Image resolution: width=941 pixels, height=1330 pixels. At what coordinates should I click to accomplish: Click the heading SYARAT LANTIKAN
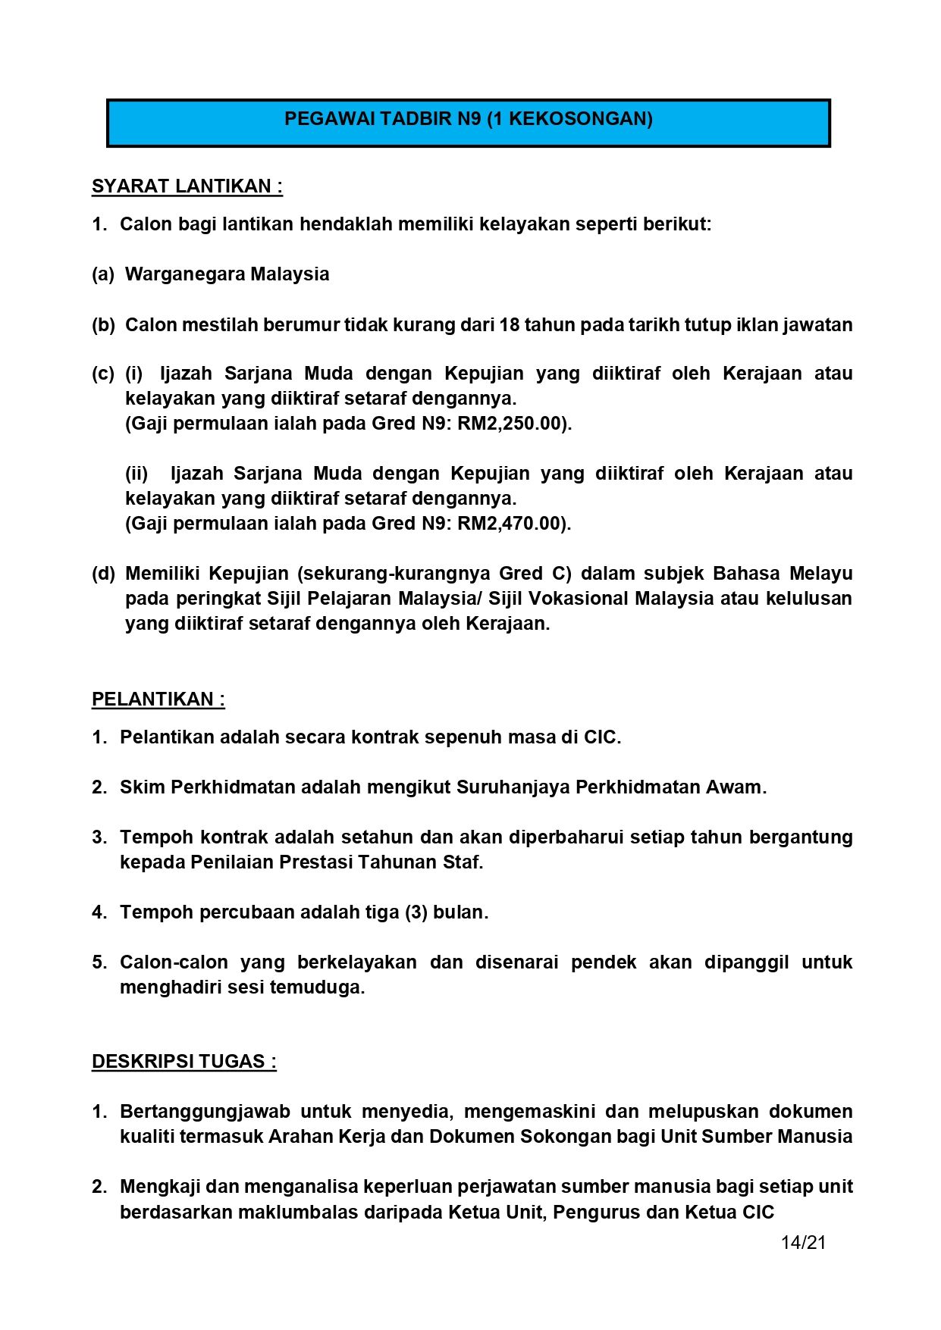[187, 186]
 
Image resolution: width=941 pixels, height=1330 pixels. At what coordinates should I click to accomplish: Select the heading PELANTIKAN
[158, 699]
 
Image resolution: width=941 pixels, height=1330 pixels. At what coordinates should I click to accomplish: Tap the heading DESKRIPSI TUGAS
[183, 1061]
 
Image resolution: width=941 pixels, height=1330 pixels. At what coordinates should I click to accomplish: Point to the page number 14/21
[803, 1242]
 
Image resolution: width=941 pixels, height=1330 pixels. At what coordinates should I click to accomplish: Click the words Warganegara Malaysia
[227, 274]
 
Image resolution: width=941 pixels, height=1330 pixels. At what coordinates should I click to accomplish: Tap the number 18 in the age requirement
[509, 325]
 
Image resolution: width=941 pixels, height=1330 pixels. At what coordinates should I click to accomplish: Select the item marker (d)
[103, 574]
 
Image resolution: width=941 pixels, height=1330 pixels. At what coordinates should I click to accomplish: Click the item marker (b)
[103, 325]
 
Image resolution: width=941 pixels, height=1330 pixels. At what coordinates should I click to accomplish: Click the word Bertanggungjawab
[205, 1112]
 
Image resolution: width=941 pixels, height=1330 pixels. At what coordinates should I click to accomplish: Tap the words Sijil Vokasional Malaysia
[601, 599]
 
